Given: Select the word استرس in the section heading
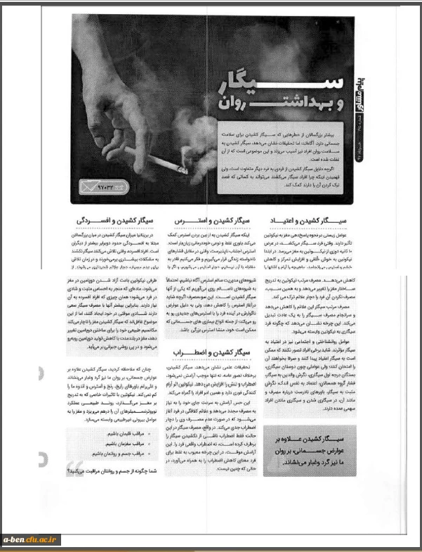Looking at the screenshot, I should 193,220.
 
